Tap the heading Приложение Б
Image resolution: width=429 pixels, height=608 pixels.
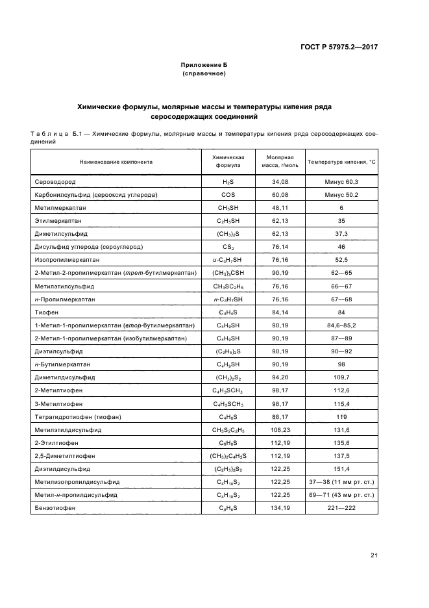204,66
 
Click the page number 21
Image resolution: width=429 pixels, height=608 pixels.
374,555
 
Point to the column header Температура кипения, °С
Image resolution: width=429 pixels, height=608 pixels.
341,161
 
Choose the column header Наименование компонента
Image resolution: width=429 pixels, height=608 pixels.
116,161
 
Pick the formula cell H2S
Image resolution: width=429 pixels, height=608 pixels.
228,182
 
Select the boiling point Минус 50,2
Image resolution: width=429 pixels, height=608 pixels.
341,195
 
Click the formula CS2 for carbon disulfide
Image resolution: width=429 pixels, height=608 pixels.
228,247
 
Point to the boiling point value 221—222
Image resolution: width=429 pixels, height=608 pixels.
341,507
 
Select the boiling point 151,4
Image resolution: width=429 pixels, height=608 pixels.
341,468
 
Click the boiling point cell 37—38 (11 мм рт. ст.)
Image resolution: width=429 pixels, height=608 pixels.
341,481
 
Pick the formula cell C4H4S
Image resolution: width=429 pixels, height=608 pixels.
228,312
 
